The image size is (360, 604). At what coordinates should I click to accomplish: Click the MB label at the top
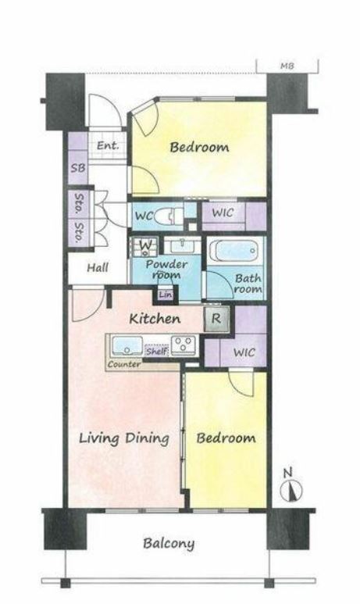click(287, 66)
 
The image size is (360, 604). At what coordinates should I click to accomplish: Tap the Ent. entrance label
click(108, 146)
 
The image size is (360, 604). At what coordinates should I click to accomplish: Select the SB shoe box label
click(78, 168)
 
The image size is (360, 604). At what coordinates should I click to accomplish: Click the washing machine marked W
click(145, 246)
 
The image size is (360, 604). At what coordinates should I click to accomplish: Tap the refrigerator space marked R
click(216, 319)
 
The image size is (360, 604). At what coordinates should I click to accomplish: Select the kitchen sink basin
click(127, 346)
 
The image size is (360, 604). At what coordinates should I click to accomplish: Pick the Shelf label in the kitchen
click(156, 351)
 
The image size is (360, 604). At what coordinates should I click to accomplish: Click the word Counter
click(124, 364)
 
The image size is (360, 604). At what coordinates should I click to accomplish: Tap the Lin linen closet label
click(166, 295)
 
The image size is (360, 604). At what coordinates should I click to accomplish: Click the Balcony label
click(169, 544)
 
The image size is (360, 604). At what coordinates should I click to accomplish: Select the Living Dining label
click(124, 439)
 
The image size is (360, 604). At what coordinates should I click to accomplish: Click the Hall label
click(98, 267)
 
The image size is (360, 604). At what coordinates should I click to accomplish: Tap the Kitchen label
click(155, 319)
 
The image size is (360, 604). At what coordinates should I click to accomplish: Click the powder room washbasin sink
click(182, 245)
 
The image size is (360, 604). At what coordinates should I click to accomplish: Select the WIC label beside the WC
click(223, 213)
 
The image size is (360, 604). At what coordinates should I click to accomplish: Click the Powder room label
click(166, 270)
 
